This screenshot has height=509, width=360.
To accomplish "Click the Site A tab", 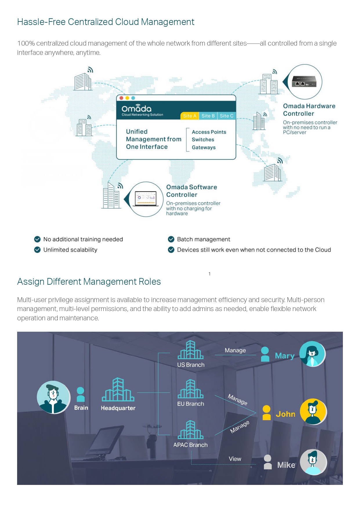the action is [x=189, y=116].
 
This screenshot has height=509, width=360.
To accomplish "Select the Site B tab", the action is [x=208, y=116].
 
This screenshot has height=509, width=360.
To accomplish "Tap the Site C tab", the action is [x=227, y=116].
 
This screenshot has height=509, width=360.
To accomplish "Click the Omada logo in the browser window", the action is [x=137, y=108].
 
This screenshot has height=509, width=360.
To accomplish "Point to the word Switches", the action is [x=203, y=140].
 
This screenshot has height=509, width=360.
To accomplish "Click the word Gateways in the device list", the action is [x=204, y=147].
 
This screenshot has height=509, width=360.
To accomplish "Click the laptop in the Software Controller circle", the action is [x=146, y=199].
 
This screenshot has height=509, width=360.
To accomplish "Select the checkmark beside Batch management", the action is [x=171, y=239].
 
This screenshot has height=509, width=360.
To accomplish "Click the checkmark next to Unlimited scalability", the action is [x=37, y=250].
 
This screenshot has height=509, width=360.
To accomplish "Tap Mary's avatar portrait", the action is [x=312, y=354].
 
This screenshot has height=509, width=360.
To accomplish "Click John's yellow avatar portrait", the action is [x=313, y=411].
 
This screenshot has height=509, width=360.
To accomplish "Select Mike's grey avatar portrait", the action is [x=313, y=462].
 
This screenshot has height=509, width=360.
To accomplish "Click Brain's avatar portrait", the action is [x=53, y=397].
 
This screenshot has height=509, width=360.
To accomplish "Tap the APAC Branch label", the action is [x=190, y=445].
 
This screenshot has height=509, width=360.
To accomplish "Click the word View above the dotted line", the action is [x=235, y=459].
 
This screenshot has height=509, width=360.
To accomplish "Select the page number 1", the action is [x=209, y=274].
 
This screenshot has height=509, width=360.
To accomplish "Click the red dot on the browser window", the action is [x=121, y=98].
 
